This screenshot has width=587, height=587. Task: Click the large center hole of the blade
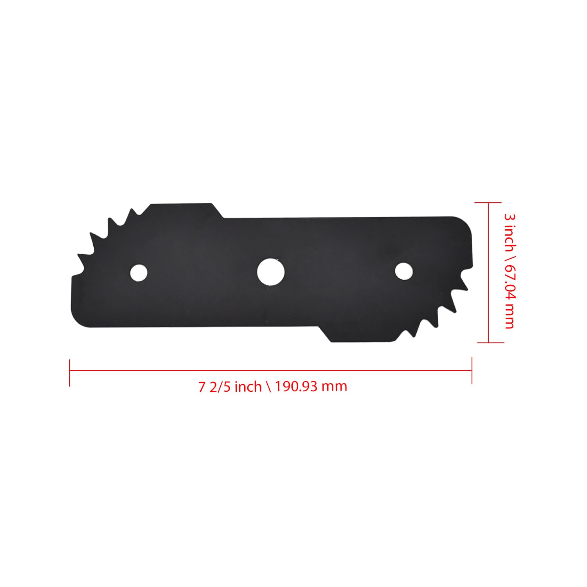coord(271,271)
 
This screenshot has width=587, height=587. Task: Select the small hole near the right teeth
coord(403,271)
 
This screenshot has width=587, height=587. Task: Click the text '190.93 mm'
coord(311,387)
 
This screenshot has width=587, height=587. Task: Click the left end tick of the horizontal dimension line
coord(70,373)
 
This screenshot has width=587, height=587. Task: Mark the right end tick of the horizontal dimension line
coord(472,370)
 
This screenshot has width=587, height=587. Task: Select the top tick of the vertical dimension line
coord(488,203)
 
